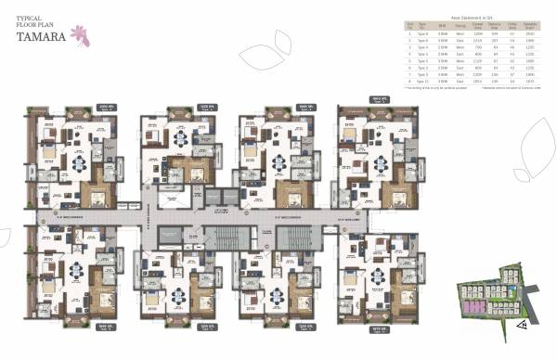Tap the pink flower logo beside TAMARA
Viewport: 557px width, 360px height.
coord(90,34)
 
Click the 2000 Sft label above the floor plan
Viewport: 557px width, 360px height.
coord(103,106)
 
